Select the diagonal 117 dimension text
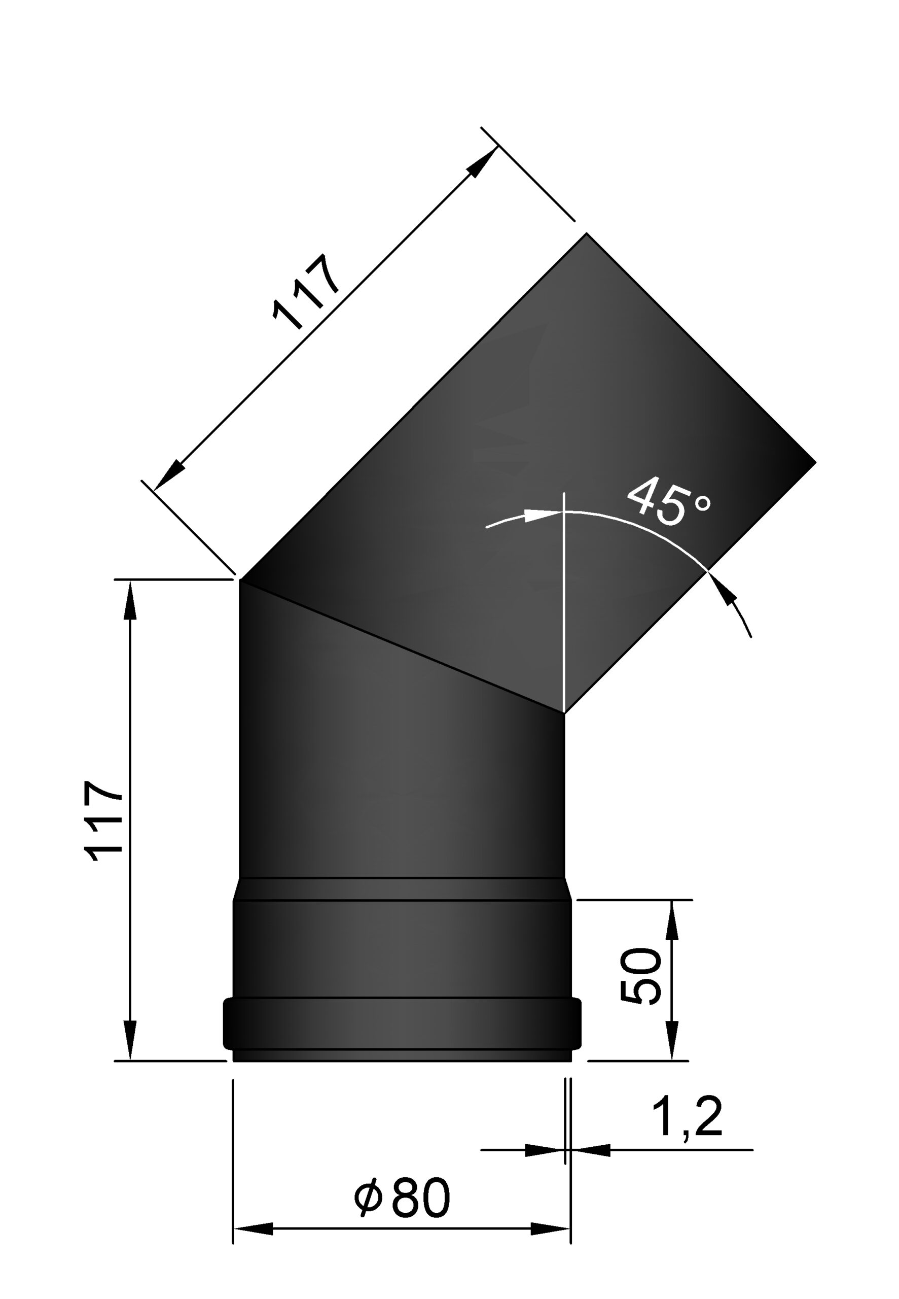[x=306, y=292]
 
